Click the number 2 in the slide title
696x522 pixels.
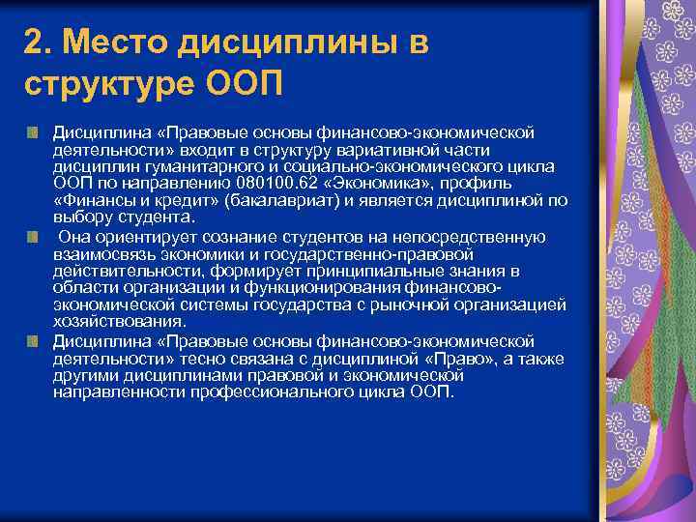pos(34,43)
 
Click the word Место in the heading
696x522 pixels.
pos(108,43)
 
